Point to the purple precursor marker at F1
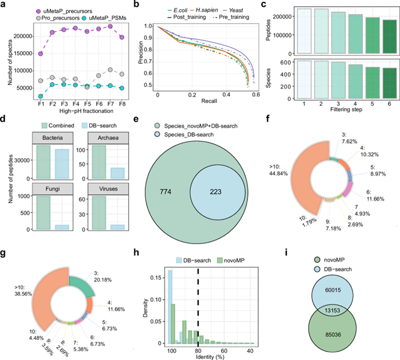pyautogui.click(x=24, y=54)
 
